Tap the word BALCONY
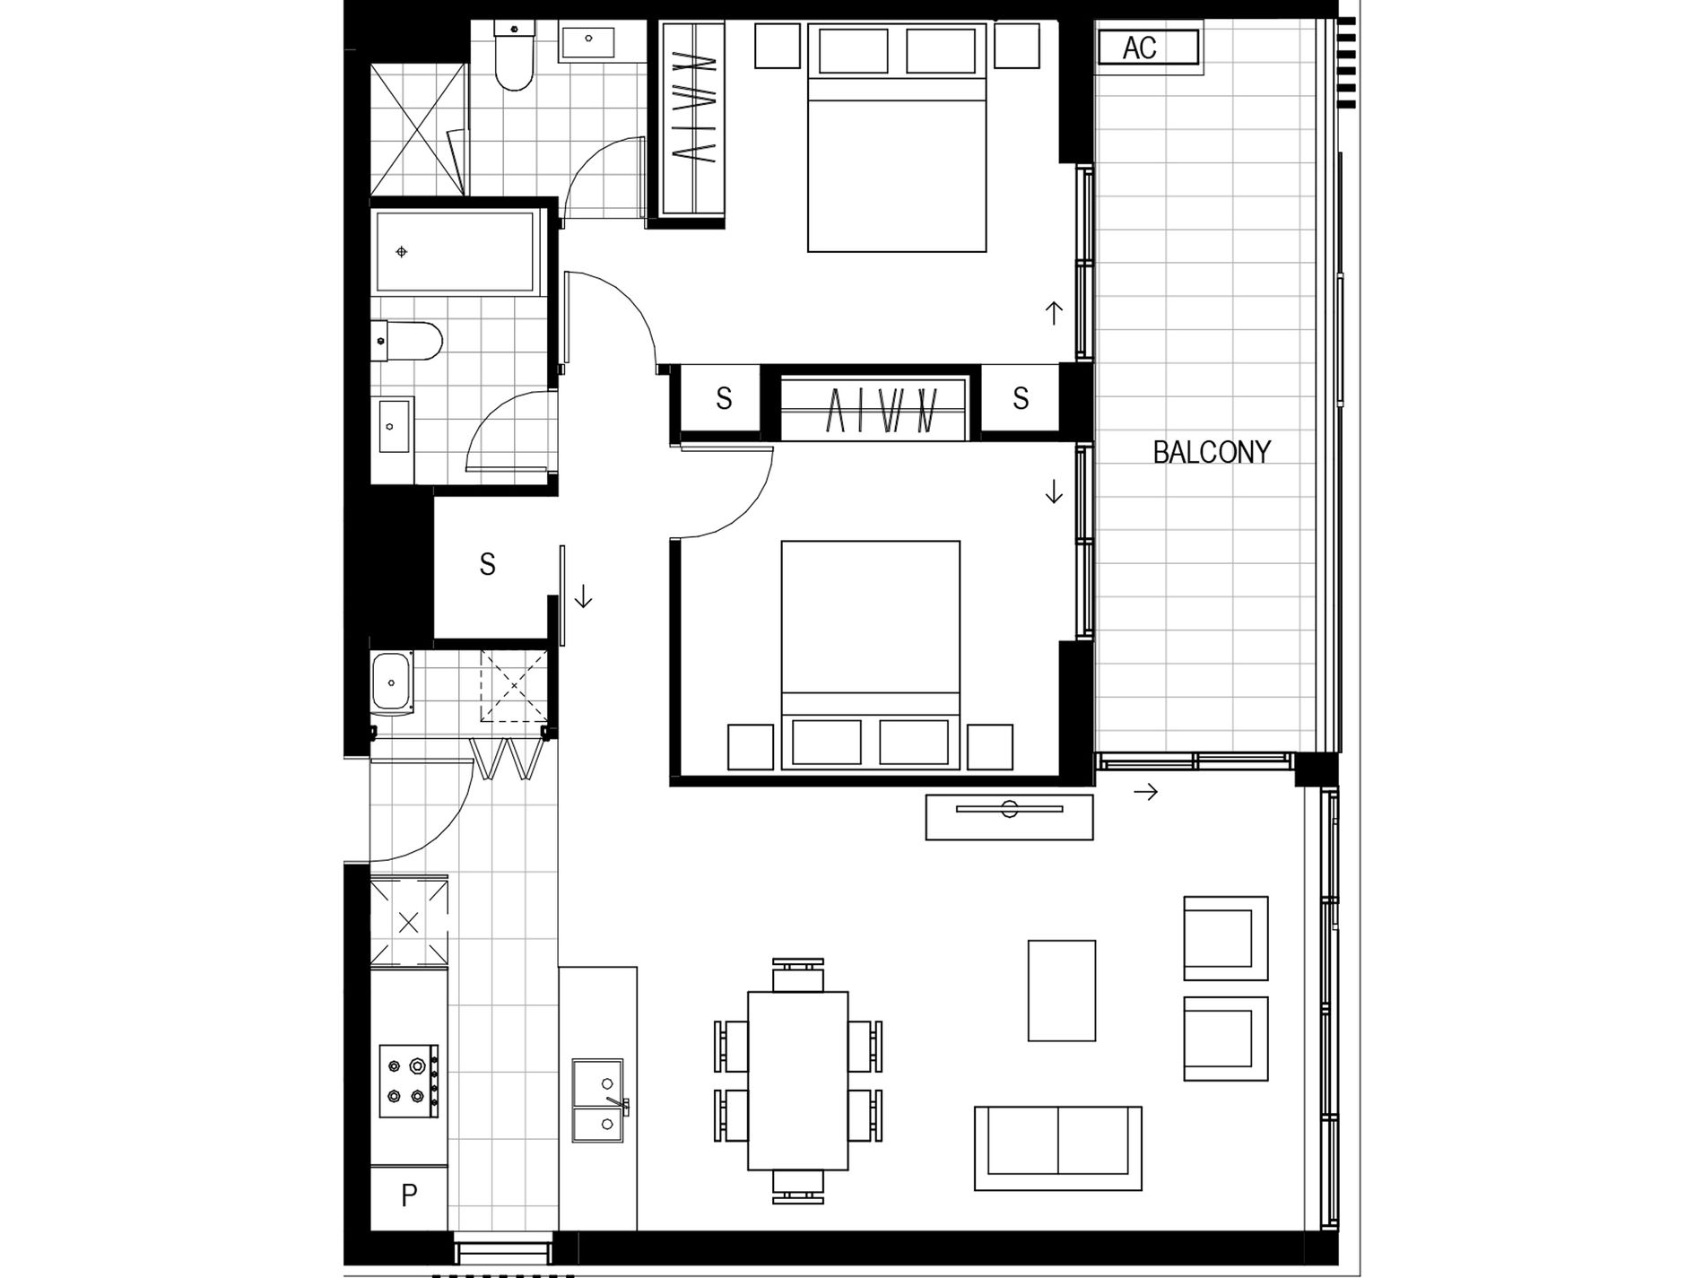pyautogui.click(x=1211, y=452)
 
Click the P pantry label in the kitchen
pyautogui.click(x=409, y=1196)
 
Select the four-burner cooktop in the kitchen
pyautogui.click(x=409, y=1081)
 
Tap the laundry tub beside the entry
pyautogui.click(x=391, y=682)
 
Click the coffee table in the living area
pyautogui.click(x=1061, y=990)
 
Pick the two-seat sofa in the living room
pyautogui.click(x=1057, y=1148)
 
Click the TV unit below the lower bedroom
pyautogui.click(x=1009, y=817)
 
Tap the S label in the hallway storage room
pyautogui.click(x=487, y=565)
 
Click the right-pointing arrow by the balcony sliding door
pyautogui.click(x=1145, y=792)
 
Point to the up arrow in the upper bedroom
pyautogui.click(x=1054, y=313)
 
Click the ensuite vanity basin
pyautogui.click(x=588, y=40)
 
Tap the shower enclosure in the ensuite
pyautogui.click(x=418, y=127)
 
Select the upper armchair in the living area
pyautogui.click(x=1225, y=938)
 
